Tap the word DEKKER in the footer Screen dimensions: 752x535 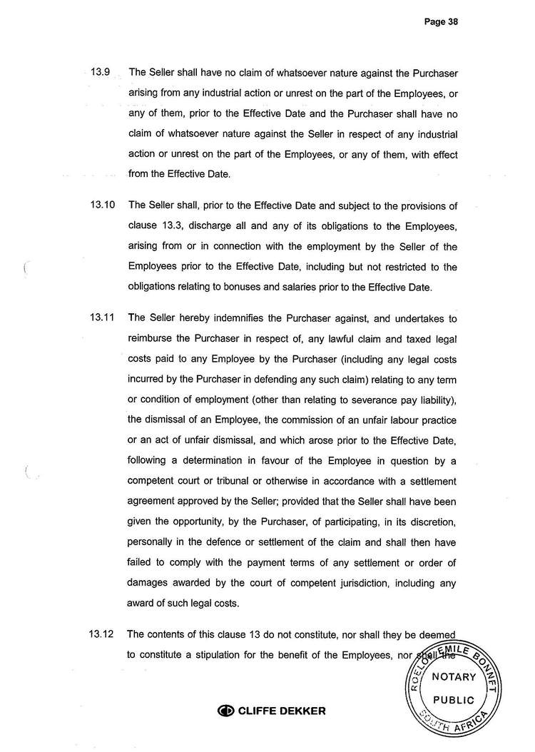coord(302,711)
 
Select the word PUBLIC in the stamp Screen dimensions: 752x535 coord(453,700)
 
